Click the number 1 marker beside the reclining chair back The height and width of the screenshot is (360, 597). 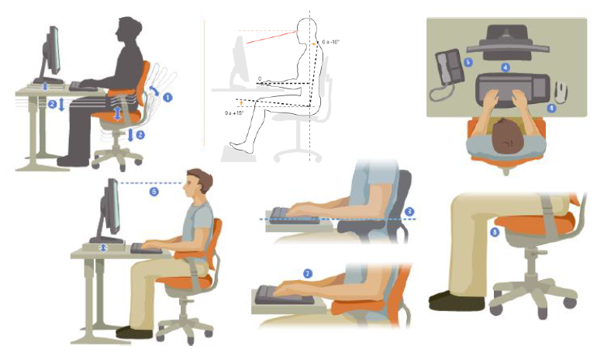(x=167, y=97)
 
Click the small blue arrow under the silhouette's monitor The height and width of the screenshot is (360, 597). (x=45, y=85)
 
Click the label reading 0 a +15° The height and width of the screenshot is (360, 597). (x=235, y=112)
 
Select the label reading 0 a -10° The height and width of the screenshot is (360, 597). (x=332, y=43)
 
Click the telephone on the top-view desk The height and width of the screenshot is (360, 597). (x=448, y=68)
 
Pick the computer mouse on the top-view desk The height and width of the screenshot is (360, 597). (x=561, y=92)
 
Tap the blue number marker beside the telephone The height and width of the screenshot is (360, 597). (x=468, y=61)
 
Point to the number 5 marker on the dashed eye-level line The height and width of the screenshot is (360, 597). (x=154, y=192)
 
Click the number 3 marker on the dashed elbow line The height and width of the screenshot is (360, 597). (x=409, y=211)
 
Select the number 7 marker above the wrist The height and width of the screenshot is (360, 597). (x=308, y=273)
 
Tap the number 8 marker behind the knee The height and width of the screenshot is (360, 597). (x=494, y=232)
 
